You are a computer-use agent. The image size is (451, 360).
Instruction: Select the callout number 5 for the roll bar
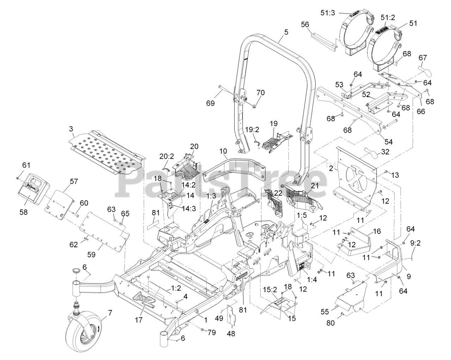tap(286, 32)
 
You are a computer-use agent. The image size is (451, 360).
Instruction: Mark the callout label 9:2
tap(412, 253)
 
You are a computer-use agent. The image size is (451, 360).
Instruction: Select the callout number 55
tap(324, 312)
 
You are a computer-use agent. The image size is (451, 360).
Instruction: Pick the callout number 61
tap(26, 165)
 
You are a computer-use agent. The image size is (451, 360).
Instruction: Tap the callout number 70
tap(260, 93)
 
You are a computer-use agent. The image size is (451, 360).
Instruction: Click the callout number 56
tap(305, 24)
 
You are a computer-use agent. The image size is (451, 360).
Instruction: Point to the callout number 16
tap(377, 232)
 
